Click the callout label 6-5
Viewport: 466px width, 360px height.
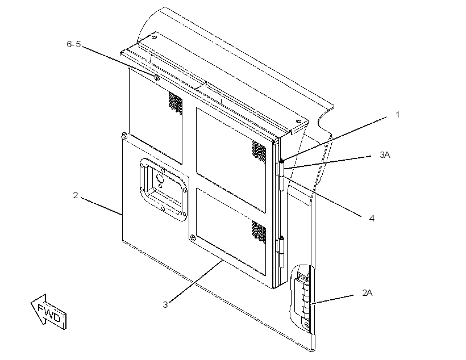tap(74, 44)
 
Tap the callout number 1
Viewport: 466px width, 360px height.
tap(398, 115)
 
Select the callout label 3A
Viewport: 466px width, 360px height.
tap(385, 155)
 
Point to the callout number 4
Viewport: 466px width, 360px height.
tap(372, 218)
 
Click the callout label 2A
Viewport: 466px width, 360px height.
tap(367, 293)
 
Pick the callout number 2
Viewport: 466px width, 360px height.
tap(76, 195)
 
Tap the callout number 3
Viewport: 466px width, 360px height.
tap(165, 305)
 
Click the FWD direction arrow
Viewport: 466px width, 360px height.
tap(48, 312)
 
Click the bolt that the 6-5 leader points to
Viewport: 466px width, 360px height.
tap(157, 78)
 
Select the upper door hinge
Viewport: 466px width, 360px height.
tap(281, 175)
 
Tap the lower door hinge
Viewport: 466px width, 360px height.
tap(280, 253)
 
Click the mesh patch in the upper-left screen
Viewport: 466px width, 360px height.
tap(176, 103)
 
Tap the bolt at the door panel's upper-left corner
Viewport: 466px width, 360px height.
tap(124, 136)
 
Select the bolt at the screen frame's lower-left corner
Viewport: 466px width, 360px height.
tap(193, 237)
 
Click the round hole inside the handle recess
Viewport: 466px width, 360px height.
tap(160, 178)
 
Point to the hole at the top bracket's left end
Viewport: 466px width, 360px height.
tap(153, 37)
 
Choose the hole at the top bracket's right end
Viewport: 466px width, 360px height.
tap(298, 122)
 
